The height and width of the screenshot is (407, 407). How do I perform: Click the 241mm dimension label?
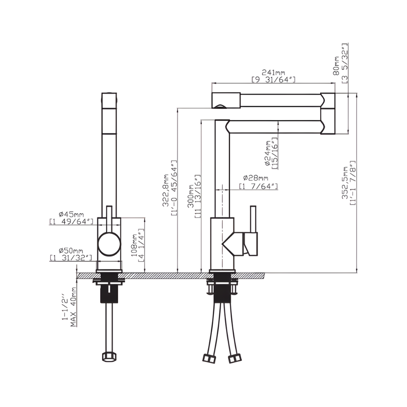coord(273,72)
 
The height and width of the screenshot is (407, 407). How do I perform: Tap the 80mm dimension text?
coord(336,66)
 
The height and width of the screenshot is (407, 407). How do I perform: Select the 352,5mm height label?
coord(345,183)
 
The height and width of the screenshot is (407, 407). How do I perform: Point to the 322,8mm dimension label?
coord(166,190)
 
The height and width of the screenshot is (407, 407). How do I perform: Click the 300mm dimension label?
coord(191,196)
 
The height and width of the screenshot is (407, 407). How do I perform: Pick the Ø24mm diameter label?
coord(267,153)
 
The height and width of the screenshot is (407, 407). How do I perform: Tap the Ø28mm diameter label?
coord(256,178)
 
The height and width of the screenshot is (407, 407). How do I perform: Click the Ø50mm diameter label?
coord(71,251)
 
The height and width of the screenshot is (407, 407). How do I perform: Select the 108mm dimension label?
coord(134,245)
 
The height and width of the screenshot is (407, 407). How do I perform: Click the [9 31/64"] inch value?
coord(274,80)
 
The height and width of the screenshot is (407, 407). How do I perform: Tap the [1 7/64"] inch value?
coord(259,187)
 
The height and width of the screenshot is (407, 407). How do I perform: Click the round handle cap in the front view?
coord(109,244)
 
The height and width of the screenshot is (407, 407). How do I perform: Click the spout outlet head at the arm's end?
coord(226,101)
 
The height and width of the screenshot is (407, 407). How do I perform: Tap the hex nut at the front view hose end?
coord(109,357)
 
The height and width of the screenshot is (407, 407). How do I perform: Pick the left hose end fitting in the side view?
coord(209,358)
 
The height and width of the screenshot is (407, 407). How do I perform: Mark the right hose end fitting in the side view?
coord(235,358)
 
